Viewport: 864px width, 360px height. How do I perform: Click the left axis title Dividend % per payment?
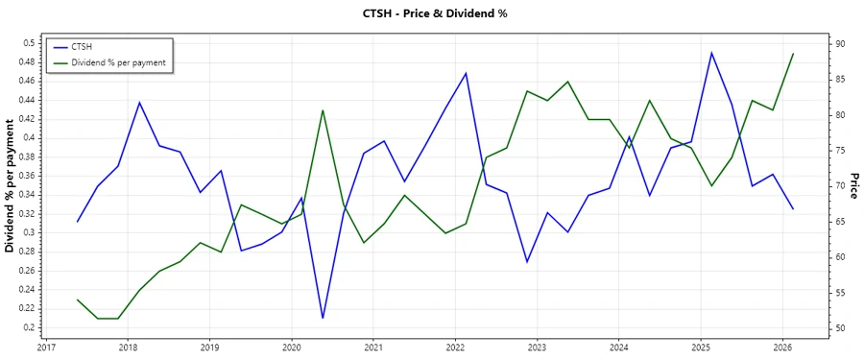11,184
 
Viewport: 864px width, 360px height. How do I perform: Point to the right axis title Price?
853,185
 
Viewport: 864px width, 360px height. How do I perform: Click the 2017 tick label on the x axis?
46,348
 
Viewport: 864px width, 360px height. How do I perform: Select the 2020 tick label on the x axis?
292,348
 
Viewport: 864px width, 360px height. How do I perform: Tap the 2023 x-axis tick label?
537,348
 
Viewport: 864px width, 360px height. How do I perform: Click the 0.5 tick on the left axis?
29,43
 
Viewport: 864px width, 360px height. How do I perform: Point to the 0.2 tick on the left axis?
29,327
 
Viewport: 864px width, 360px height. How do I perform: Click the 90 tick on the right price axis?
839,44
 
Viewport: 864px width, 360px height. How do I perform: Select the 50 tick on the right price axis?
839,328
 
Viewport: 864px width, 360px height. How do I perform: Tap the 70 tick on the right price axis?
839,186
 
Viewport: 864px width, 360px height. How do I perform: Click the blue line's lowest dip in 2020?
323,318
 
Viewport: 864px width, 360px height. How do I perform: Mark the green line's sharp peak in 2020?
323,109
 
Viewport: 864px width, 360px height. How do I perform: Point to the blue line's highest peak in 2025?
711,53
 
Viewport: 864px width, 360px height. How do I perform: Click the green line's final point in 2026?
793,54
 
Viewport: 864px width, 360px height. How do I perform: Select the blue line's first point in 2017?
78,222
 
